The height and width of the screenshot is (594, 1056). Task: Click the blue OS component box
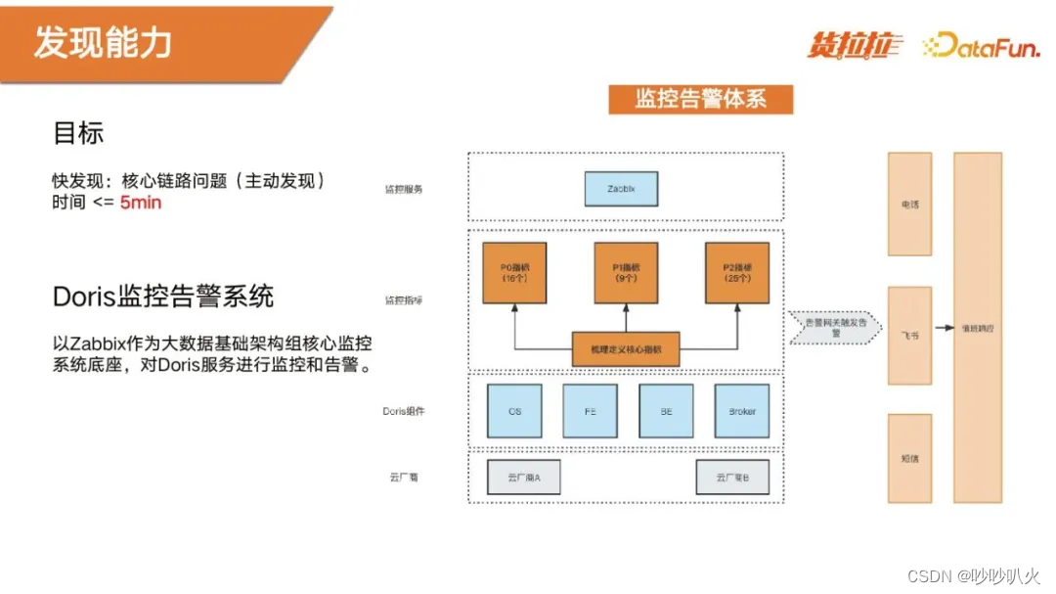tap(514, 411)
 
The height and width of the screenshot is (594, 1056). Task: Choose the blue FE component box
tap(590, 411)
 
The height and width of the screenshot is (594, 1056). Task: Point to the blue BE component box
tap(666, 411)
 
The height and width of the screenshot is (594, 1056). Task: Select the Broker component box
tap(742, 411)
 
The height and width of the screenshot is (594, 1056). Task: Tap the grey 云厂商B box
tap(732, 478)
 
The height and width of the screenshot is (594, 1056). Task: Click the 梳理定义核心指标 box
tap(625, 348)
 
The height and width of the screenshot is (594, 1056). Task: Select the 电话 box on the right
tap(909, 206)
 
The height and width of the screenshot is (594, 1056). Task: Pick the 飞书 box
tap(909, 335)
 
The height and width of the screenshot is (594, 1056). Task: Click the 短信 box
tap(909, 457)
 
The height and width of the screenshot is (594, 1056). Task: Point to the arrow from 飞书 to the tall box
tap(943, 330)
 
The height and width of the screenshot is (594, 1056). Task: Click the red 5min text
tap(141, 203)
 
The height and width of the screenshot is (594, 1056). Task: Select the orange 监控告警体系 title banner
tap(700, 99)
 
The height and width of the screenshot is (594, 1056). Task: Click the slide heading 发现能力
tap(103, 42)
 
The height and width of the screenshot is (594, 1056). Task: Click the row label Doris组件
tap(403, 411)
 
